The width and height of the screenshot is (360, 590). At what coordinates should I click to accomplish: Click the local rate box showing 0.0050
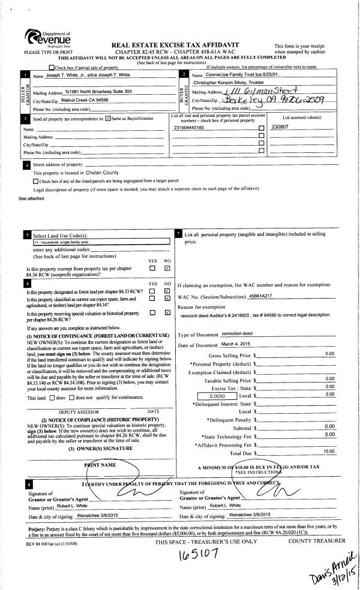[x=216, y=396]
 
